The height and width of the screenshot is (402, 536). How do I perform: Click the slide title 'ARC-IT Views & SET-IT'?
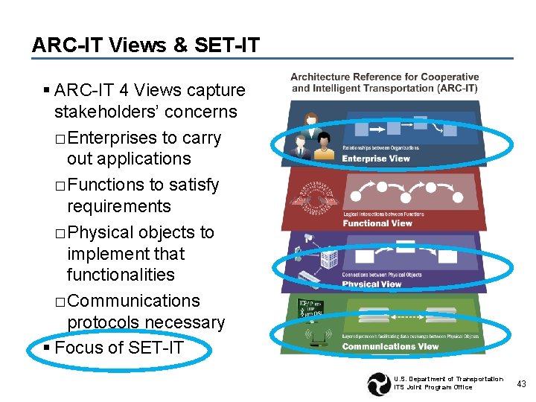[146, 45]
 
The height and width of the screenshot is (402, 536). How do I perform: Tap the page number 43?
[521, 384]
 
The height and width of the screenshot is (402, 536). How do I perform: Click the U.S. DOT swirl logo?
[379, 383]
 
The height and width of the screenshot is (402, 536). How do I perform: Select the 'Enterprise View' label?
[376, 158]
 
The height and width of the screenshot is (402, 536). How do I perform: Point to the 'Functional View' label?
[377, 223]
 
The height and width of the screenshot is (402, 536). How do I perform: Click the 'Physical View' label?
[371, 284]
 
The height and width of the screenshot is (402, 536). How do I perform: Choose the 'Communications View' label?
[390, 346]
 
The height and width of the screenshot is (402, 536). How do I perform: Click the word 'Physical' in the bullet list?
[99, 232]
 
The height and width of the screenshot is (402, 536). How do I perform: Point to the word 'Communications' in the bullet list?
[133, 301]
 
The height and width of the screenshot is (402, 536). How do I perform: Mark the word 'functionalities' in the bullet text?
[121, 275]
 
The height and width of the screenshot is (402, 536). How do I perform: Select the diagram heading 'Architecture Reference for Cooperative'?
[384, 77]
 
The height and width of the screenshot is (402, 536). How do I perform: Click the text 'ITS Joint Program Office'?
[433, 387]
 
